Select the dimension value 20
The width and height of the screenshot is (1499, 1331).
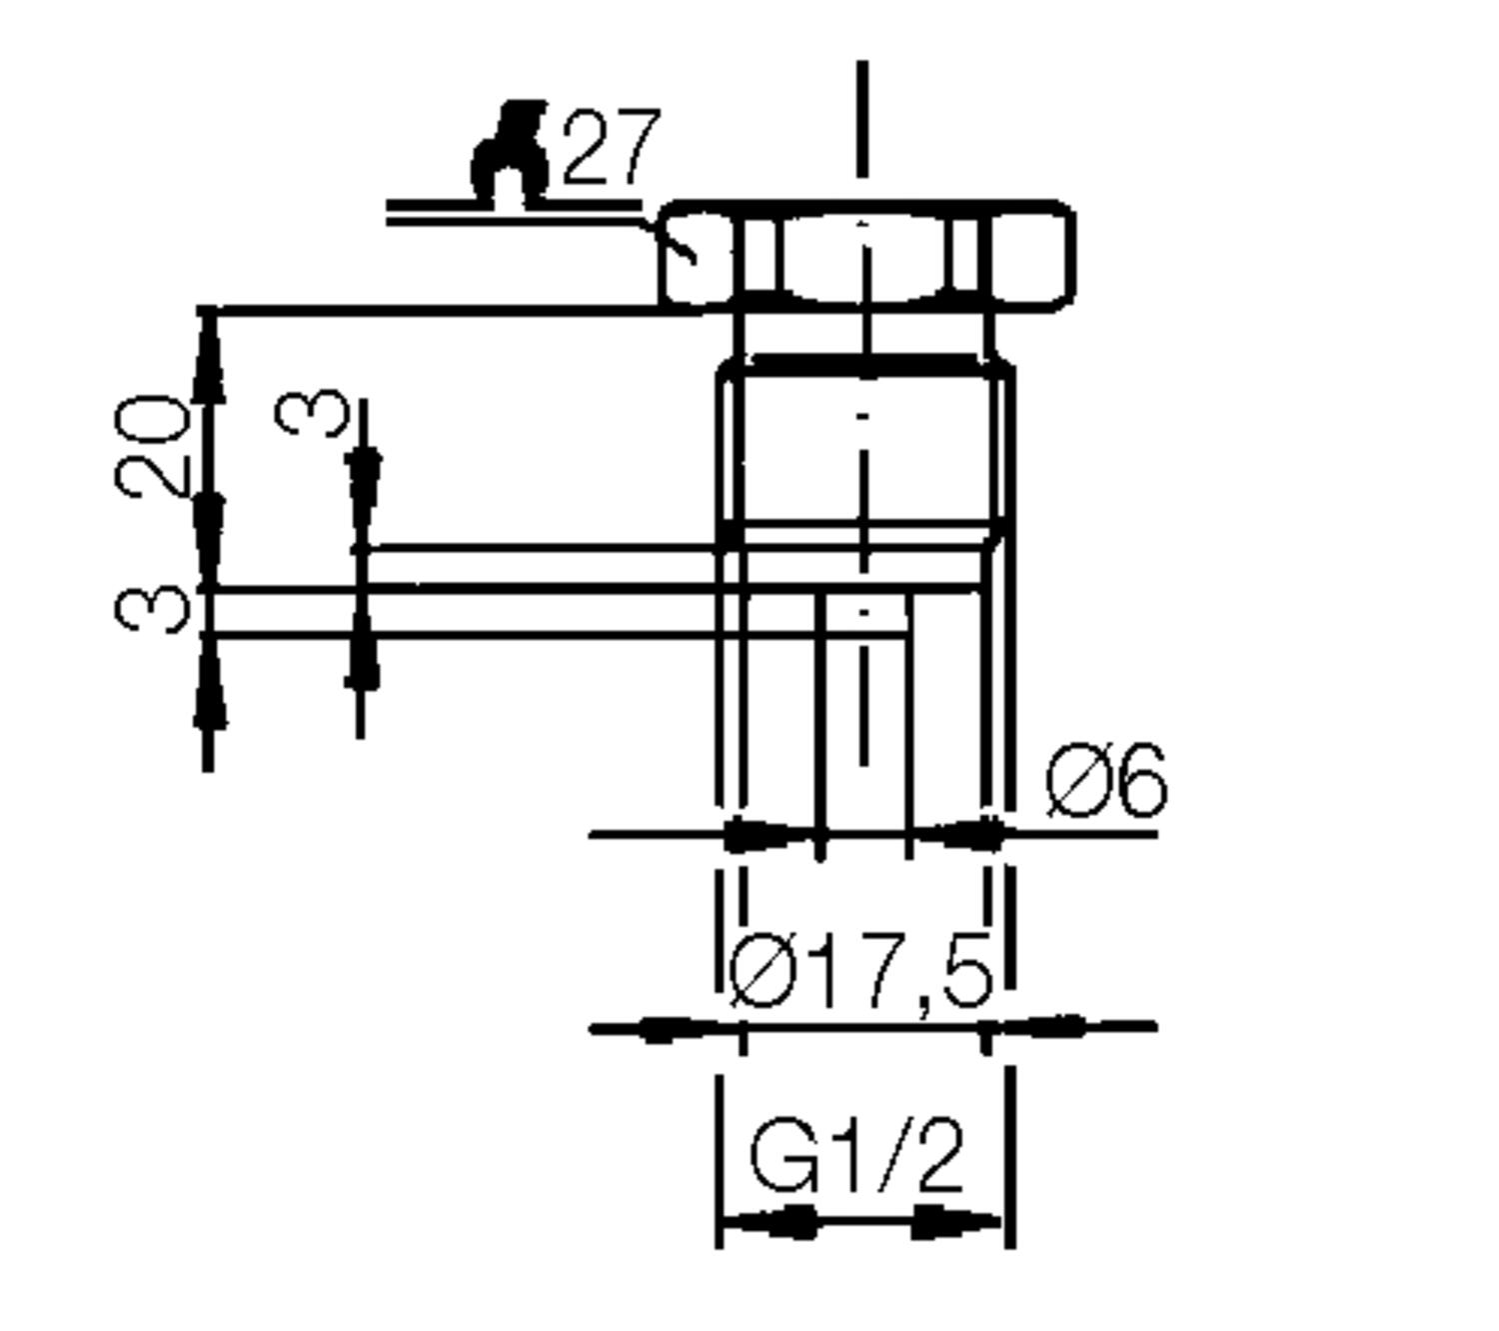tap(152, 446)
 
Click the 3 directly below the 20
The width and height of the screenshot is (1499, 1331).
tap(152, 610)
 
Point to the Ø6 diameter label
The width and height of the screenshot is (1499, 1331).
tap(1105, 779)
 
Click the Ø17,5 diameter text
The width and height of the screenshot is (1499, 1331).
tap(861, 971)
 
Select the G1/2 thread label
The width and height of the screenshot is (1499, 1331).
tap(857, 1157)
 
